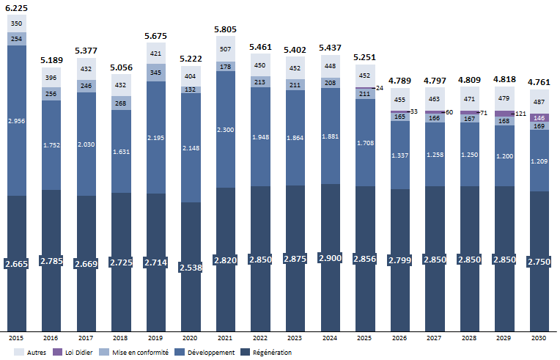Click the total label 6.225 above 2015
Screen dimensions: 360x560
[16, 7]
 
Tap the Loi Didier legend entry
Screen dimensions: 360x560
[86, 353]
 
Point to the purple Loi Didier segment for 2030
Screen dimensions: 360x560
[540, 117]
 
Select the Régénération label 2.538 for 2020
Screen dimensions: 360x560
[190, 267]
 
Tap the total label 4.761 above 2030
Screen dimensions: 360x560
[540, 82]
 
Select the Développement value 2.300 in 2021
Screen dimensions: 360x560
[224, 129]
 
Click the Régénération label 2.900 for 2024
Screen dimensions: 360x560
[330, 258]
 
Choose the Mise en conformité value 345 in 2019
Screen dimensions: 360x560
[155, 73]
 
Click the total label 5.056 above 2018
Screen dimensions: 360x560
[120, 67]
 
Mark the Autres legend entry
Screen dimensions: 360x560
[32, 353]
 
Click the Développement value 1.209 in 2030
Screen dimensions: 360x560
[540, 160]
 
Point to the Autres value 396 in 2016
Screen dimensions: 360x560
[51, 78]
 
